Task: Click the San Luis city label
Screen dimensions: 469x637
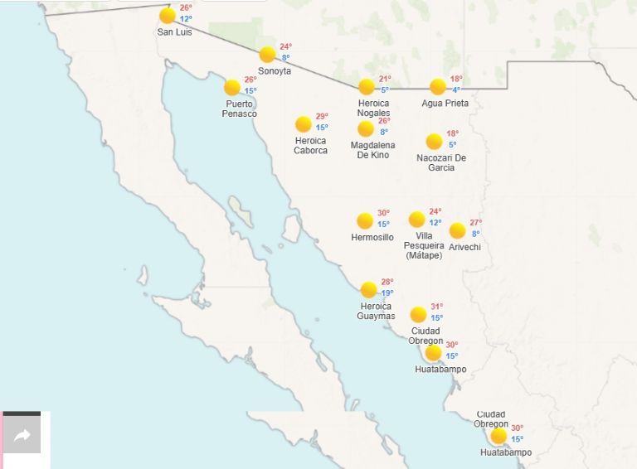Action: pos(174,32)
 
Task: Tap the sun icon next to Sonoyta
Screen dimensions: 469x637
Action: pos(267,55)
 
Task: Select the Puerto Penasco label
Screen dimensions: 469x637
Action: pos(241,109)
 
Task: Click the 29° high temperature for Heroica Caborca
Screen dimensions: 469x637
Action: pos(322,117)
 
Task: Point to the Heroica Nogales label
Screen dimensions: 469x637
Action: pos(373,108)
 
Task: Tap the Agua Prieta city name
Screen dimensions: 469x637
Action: pos(445,104)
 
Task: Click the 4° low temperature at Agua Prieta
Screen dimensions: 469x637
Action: pos(456,90)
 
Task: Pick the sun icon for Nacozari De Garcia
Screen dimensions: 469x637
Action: pos(434,142)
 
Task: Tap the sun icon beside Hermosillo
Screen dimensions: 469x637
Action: pos(365,220)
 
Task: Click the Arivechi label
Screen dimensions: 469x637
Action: pos(464,247)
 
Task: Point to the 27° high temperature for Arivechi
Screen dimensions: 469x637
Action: pos(475,223)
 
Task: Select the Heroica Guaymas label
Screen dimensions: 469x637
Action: pos(376,312)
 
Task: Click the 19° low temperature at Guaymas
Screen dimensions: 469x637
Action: pos(387,293)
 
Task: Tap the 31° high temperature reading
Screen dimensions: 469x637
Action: pos(436,307)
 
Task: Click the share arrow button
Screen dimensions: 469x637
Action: pos(22,436)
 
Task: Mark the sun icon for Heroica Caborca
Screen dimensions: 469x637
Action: pos(304,124)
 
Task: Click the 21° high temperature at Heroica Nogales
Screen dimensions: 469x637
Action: pos(385,80)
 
